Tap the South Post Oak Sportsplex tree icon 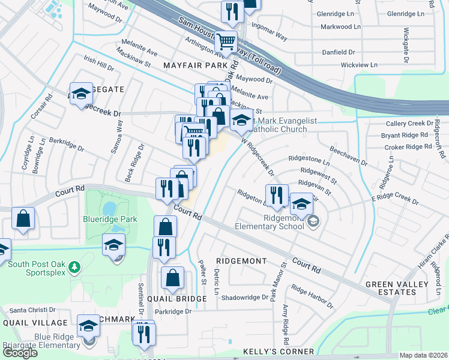pos(74,266)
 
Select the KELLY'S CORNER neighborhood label pos(278,352)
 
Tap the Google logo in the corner pos(19,353)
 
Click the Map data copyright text pos(423,355)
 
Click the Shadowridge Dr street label pos(245,297)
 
